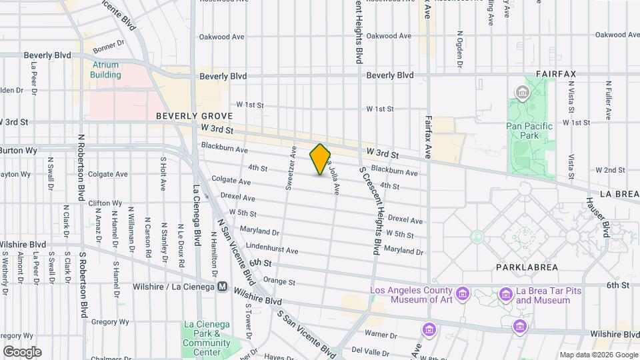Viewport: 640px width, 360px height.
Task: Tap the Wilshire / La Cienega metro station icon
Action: tap(223, 287)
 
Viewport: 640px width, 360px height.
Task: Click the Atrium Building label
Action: tap(106, 70)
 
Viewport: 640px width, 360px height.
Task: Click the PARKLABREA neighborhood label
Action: tap(522, 267)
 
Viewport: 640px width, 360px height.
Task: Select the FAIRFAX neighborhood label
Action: tap(555, 74)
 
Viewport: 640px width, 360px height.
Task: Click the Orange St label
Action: tap(279, 281)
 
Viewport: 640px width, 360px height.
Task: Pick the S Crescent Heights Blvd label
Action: tap(372, 211)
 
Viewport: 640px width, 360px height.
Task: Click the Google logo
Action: tap(22, 351)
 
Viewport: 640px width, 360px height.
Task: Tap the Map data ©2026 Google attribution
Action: tap(599, 355)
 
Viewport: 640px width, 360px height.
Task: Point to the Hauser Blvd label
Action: tap(597, 217)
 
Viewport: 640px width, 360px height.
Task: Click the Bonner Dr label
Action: tap(109, 47)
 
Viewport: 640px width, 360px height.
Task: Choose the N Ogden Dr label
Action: tap(459, 49)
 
